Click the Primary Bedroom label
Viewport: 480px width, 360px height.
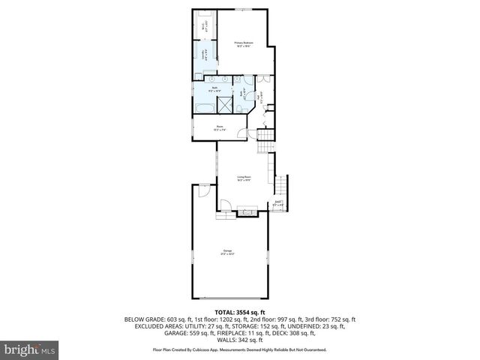click(243, 44)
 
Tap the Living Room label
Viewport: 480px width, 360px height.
click(244, 178)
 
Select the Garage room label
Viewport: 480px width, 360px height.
click(226, 251)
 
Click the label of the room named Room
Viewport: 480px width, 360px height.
click(221, 127)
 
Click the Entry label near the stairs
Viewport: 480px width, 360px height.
click(277, 202)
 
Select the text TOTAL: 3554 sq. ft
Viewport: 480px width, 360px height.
click(239, 311)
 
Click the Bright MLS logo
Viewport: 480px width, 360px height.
click(31, 349)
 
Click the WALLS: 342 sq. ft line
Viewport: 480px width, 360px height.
click(239, 340)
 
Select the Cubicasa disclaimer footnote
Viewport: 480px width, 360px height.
click(239, 349)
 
